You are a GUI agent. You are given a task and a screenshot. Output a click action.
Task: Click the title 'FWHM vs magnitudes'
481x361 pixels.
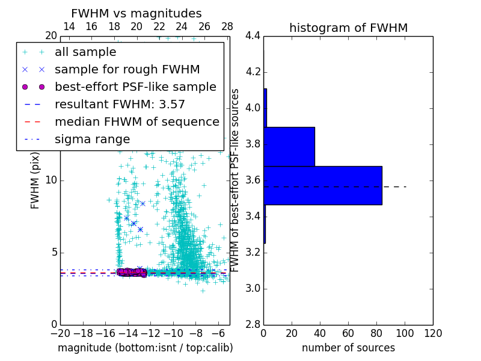click(x=136, y=13)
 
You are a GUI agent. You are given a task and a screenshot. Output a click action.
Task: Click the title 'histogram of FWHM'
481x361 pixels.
click(x=348, y=28)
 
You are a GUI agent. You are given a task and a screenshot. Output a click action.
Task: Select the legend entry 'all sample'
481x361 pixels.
click(x=85, y=52)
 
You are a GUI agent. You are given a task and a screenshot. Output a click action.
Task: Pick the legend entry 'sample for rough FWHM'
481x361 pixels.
click(x=127, y=70)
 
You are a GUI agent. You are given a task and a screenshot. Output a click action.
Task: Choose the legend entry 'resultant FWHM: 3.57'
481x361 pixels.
click(x=120, y=104)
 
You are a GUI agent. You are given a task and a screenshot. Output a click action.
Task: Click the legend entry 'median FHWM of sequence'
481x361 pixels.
click(x=136, y=122)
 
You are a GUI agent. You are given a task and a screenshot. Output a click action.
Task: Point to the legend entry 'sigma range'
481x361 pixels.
click(x=92, y=139)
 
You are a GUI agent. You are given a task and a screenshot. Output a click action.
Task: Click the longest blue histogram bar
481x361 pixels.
click(x=323, y=185)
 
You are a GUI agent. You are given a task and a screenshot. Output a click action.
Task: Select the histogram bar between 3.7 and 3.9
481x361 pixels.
click(x=289, y=146)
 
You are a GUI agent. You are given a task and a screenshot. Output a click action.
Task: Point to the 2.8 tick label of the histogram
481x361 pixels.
click(x=253, y=324)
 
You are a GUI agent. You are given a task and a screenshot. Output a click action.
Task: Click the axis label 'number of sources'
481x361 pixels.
click(x=348, y=348)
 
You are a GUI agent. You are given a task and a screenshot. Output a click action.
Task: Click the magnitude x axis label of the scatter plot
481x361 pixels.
click(x=145, y=348)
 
